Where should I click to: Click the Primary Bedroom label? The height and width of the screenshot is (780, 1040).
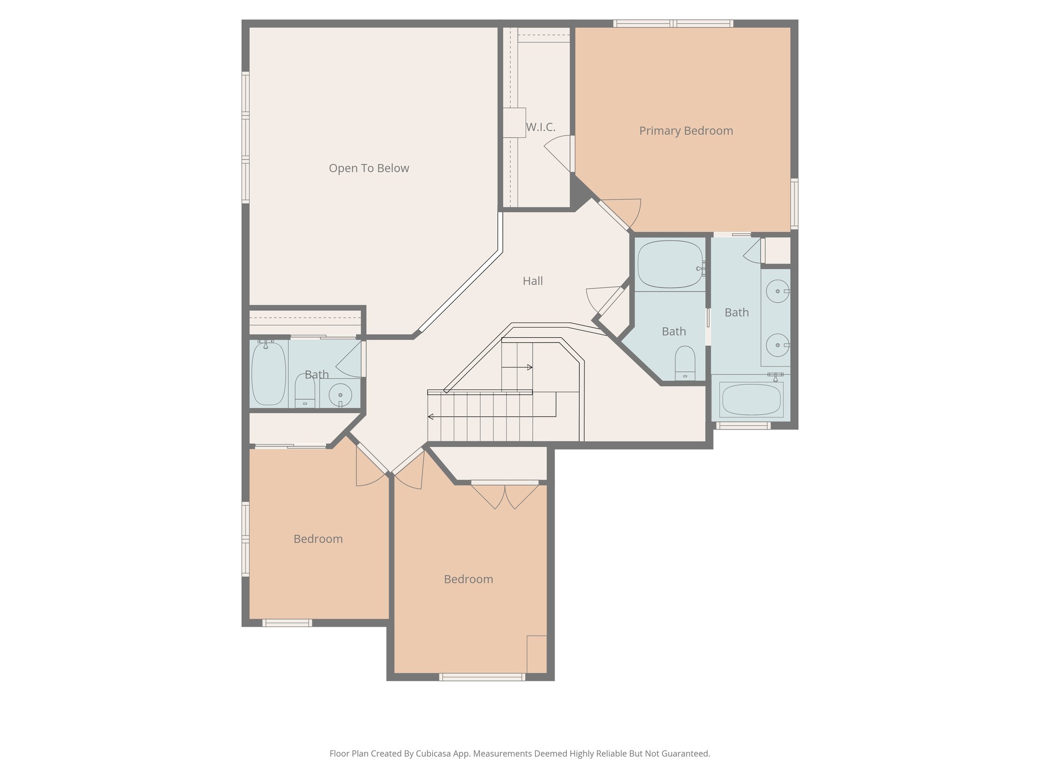pyautogui.click(x=686, y=131)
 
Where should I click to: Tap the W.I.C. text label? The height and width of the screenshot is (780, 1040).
pyautogui.click(x=540, y=127)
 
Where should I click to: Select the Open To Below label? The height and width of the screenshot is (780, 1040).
pyautogui.click(x=369, y=169)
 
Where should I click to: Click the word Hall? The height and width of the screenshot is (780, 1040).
pyautogui.click(x=533, y=281)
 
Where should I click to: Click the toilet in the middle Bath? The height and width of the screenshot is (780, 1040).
pyautogui.click(x=685, y=363)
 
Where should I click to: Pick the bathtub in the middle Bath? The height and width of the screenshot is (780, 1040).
pyautogui.click(x=670, y=264)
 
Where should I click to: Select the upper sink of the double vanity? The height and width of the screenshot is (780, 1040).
pyautogui.click(x=777, y=291)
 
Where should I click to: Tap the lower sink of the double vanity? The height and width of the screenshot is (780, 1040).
pyautogui.click(x=777, y=345)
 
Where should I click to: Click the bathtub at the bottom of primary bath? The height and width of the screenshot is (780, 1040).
pyautogui.click(x=751, y=400)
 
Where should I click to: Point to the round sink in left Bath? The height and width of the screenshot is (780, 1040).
pyautogui.click(x=340, y=395)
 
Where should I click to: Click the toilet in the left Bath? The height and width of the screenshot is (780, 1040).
pyautogui.click(x=305, y=392)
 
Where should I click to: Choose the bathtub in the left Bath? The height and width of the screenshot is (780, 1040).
pyautogui.click(x=269, y=373)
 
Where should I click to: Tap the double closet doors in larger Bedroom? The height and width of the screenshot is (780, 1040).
pyautogui.click(x=505, y=496)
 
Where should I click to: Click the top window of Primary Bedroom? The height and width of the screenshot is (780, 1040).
pyautogui.click(x=673, y=23)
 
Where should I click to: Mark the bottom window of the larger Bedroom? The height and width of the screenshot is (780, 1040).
pyautogui.click(x=481, y=677)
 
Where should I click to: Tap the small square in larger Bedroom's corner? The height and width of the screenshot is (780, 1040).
pyautogui.click(x=537, y=654)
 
